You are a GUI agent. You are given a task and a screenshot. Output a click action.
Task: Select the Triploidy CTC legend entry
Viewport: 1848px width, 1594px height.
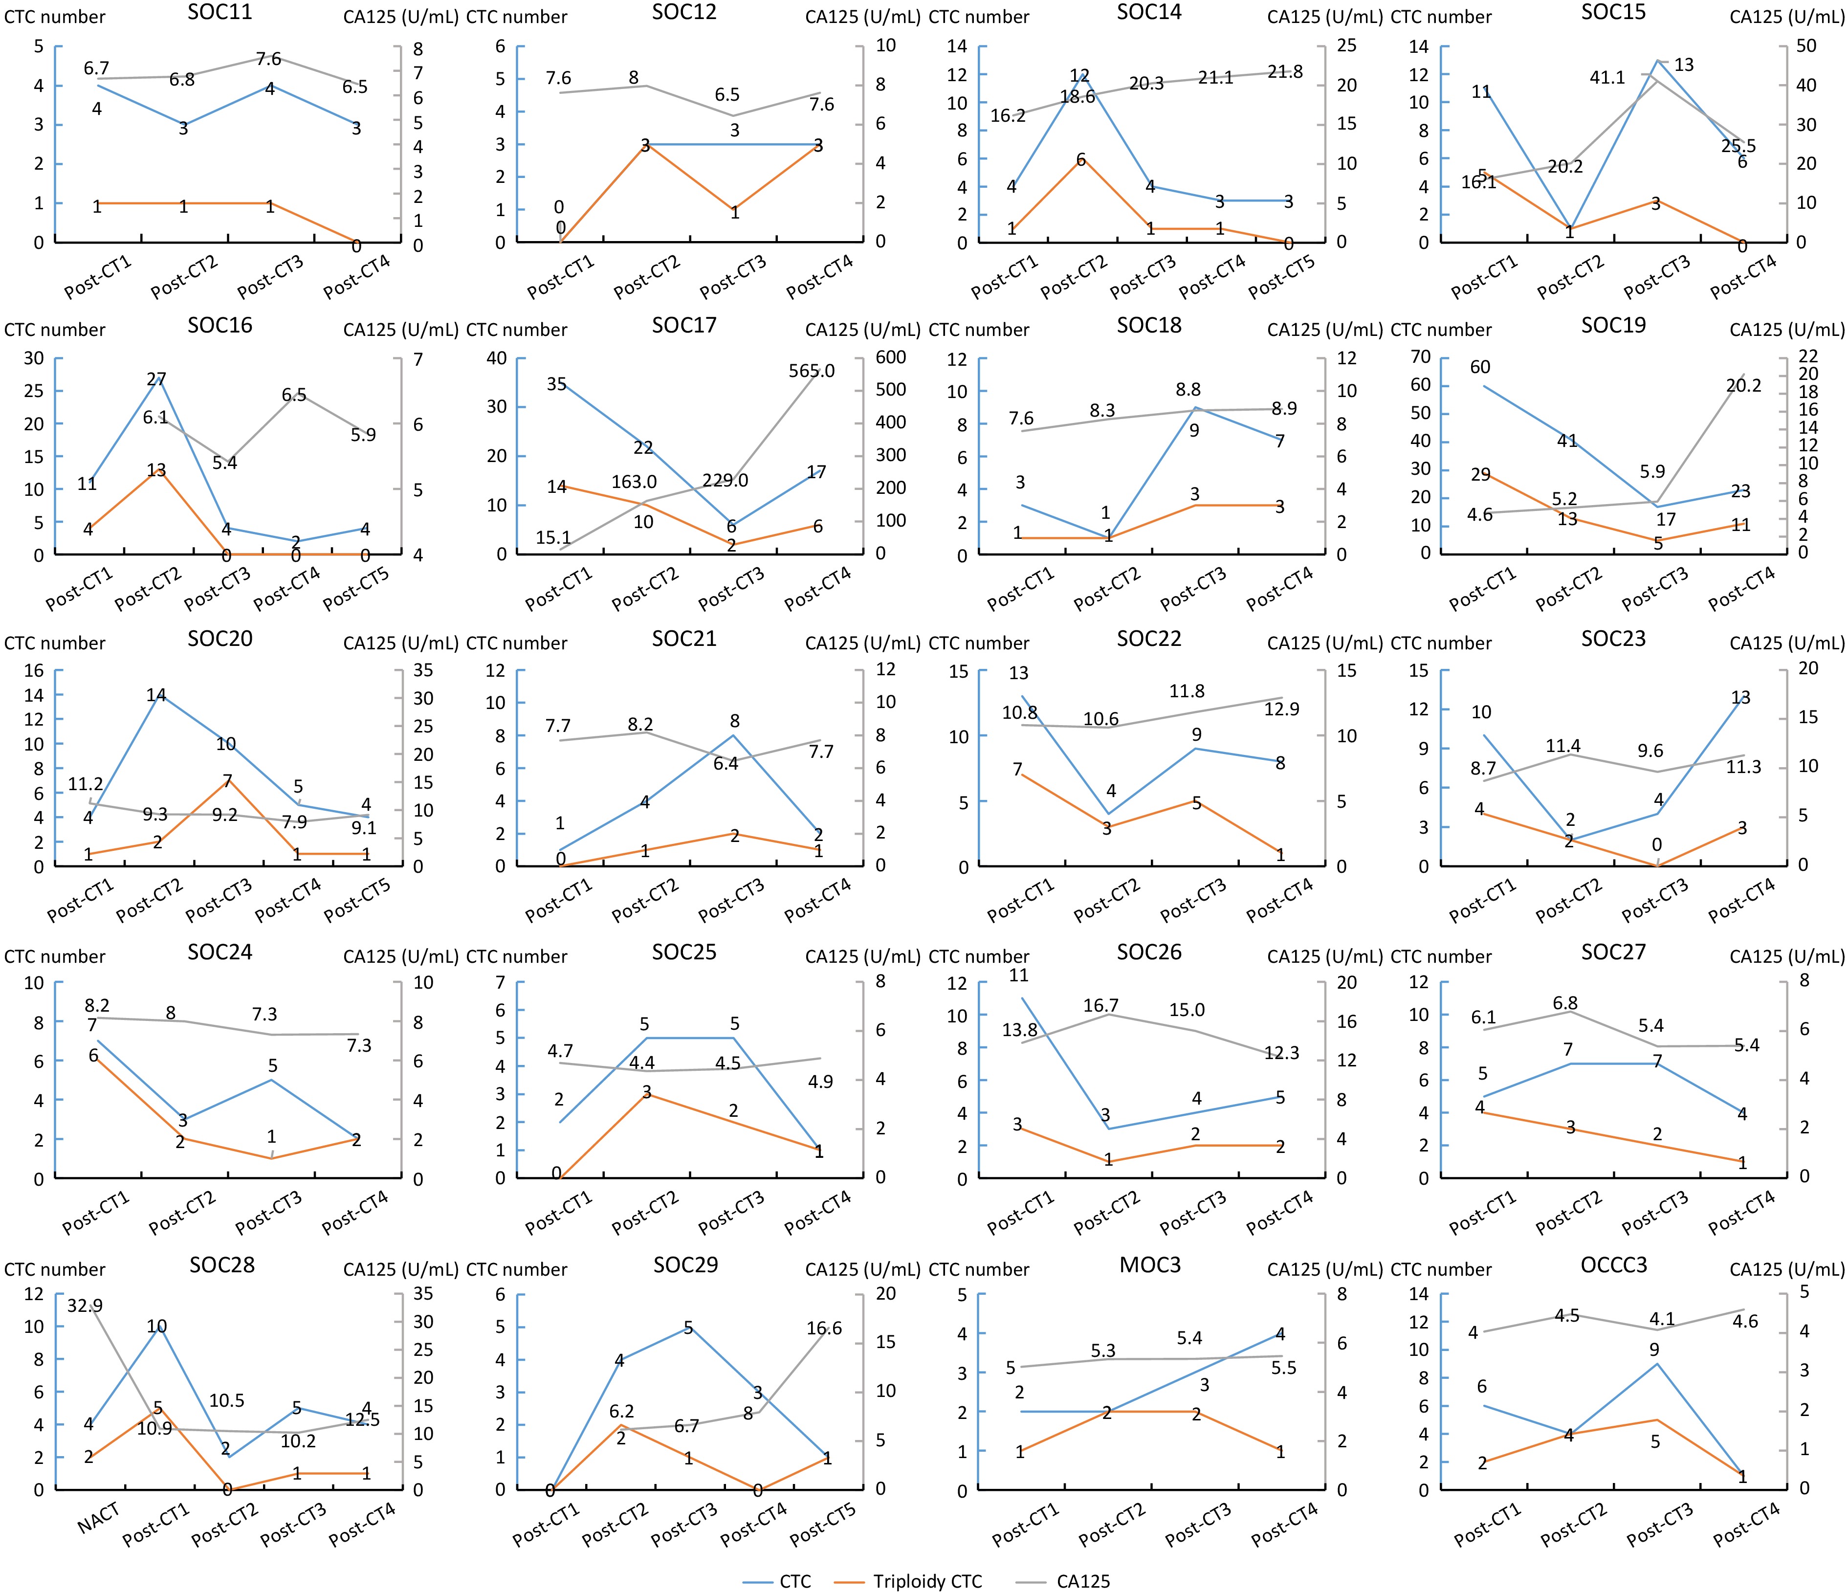(x=926, y=1581)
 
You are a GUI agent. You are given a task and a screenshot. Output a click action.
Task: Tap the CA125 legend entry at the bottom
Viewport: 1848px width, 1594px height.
(x=1083, y=1581)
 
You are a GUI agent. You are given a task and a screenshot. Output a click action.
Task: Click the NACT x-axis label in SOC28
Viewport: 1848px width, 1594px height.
(x=98, y=1517)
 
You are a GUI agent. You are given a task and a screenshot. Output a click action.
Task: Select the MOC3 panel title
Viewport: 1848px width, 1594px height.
(x=1150, y=1265)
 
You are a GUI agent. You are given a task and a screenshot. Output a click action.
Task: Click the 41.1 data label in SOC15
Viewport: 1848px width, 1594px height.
(x=1607, y=78)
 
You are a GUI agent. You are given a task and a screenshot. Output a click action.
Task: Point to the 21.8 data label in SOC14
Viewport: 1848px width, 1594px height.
(x=1284, y=72)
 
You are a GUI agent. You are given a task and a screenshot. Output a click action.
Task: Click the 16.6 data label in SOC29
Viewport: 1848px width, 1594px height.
(x=823, y=1328)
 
